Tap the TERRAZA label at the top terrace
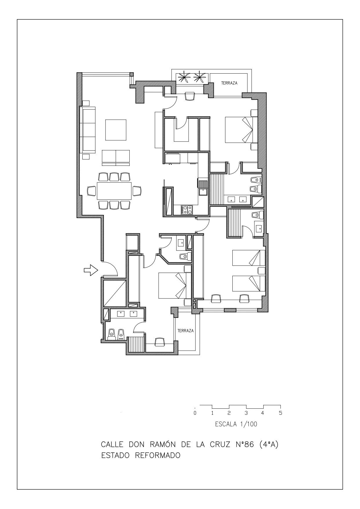[229, 83]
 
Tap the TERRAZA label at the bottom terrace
[185, 331]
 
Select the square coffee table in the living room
[116, 130]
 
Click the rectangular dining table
[114, 191]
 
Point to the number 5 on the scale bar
[280, 413]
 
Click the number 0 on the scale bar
[195, 413]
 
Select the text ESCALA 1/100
[236, 424]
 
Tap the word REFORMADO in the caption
[158, 455]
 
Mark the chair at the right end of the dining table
[137, 191]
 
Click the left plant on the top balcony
[183, 77]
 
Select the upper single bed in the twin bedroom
[249, 258]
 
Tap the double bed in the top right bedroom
[241, 130]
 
